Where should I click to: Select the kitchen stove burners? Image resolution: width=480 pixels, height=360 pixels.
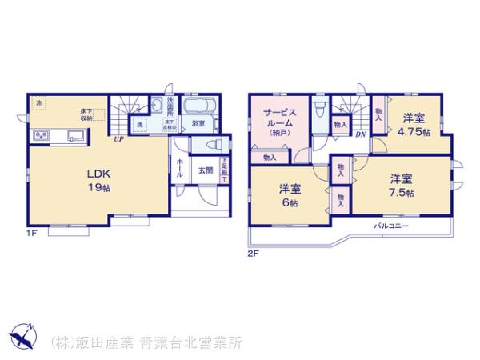tap(40, 134)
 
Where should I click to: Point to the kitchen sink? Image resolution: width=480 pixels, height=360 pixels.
tap(77, 134)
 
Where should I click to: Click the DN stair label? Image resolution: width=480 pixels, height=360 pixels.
tap(361, 134)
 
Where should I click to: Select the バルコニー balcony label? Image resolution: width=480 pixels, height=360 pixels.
tap(392, 226)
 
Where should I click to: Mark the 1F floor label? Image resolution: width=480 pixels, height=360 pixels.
tap(33, 235)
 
